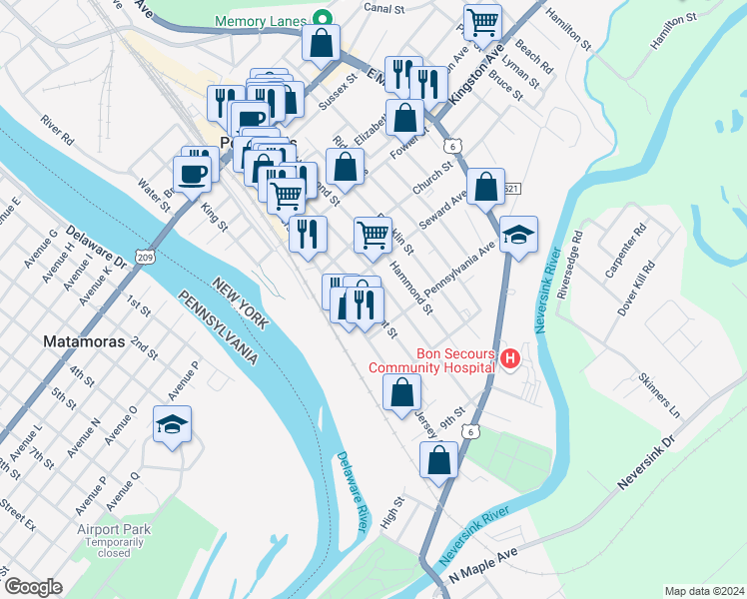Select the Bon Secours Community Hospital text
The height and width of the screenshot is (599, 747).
[431, 360]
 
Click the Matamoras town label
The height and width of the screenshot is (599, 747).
[84, 341]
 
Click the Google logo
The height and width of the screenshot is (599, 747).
[32, 587]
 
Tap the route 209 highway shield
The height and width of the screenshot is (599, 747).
[146, 257]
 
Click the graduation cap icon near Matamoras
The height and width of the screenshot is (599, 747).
[172, 426]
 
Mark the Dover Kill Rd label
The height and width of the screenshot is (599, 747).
[635, 290]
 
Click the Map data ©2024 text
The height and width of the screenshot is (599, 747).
[703, 590]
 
